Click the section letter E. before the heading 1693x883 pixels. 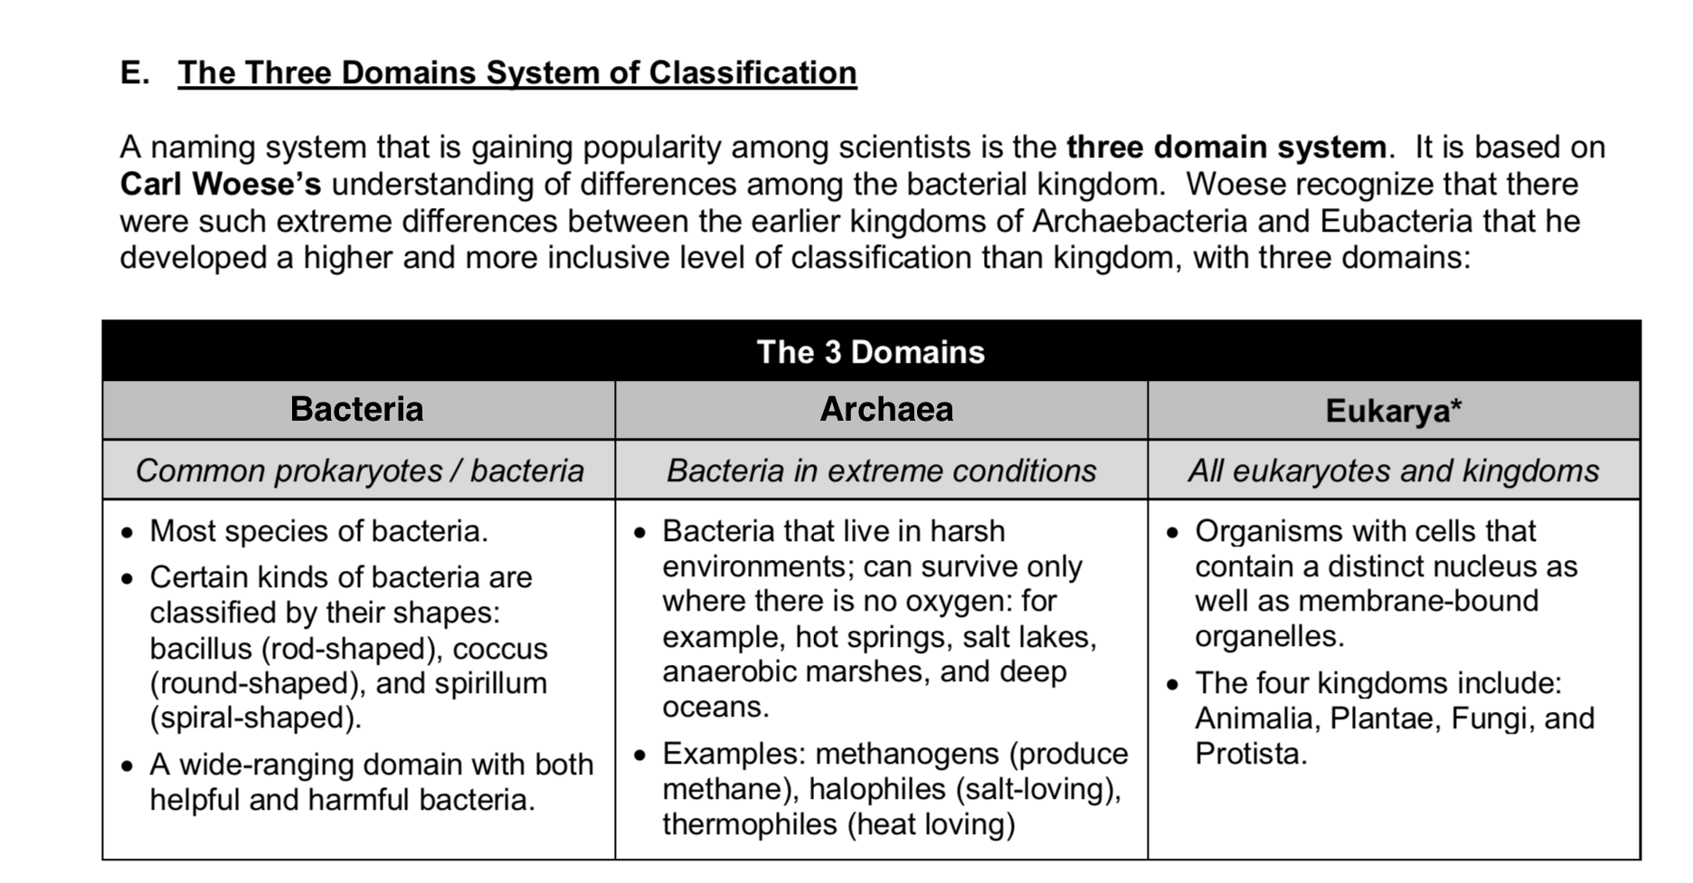point(135,72)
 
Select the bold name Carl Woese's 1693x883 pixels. point(220,184)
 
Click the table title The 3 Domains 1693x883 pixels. point(870,351)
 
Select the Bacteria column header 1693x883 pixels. point(356,409)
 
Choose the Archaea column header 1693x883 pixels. point(885,409)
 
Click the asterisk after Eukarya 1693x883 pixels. point(1455,407)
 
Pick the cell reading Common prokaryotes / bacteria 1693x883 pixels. point(359,470)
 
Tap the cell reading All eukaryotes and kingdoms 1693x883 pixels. point(1393,470)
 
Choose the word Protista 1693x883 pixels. point(1250,754)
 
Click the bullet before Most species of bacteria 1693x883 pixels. point(128,533)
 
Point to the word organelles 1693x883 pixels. point(1268,636)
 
